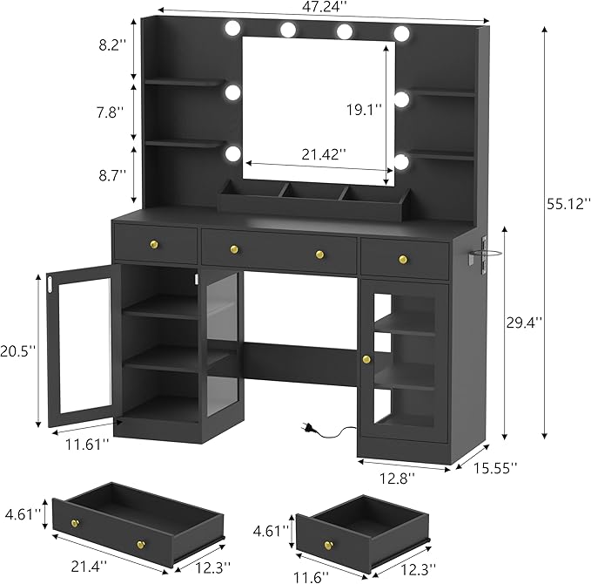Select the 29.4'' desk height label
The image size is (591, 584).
(525, 322)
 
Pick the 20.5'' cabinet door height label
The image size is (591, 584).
(18, 351)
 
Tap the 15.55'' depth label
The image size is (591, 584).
(495, 468)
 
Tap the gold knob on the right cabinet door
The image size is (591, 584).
(366, 359)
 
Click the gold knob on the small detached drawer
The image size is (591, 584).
(330, 545)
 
